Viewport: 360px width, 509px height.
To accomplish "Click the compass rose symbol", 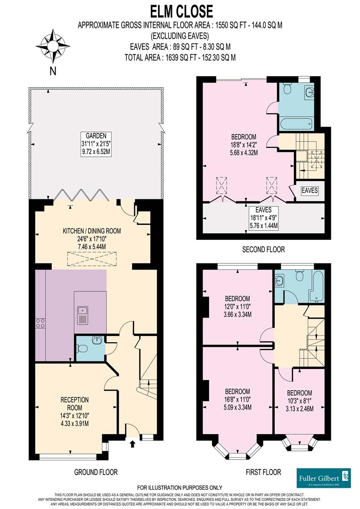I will tap(53, 46).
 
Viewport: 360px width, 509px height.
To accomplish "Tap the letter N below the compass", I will tap(53, 72).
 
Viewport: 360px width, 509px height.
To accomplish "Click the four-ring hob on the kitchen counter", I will tap(40, 323).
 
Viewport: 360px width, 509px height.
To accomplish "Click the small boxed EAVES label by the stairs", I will tap(310, 191).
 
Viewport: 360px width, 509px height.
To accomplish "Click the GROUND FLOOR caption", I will tap(96, 472).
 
